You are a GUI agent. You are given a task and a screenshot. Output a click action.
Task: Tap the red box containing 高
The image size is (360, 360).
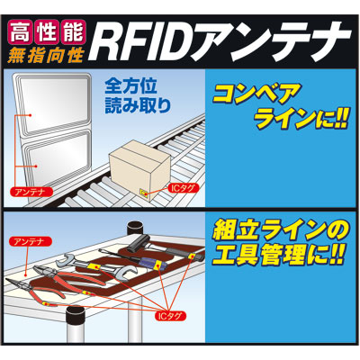click(20, 32)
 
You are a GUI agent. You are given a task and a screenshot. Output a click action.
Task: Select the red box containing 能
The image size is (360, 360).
click(73, 32)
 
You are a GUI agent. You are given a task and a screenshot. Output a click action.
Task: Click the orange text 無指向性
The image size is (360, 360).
click(45, 55)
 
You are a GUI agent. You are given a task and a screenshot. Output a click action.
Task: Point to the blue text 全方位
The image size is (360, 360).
click(131, 87)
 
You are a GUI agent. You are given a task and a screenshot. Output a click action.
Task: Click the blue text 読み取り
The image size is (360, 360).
click(138, 105)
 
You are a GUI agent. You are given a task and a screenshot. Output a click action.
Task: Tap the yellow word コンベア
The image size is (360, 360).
click(256, 94)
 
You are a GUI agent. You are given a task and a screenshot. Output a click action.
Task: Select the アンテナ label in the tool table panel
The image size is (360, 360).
click(31, 241)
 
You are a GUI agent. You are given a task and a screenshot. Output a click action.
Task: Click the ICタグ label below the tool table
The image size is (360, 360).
click(168, 316)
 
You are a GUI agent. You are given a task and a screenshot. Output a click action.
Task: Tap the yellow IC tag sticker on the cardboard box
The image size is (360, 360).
click(144, 193)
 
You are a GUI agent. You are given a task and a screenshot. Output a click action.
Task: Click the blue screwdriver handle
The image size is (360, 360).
click(149, 262)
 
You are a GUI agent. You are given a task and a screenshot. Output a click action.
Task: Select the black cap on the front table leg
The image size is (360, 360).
click(75, 316)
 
